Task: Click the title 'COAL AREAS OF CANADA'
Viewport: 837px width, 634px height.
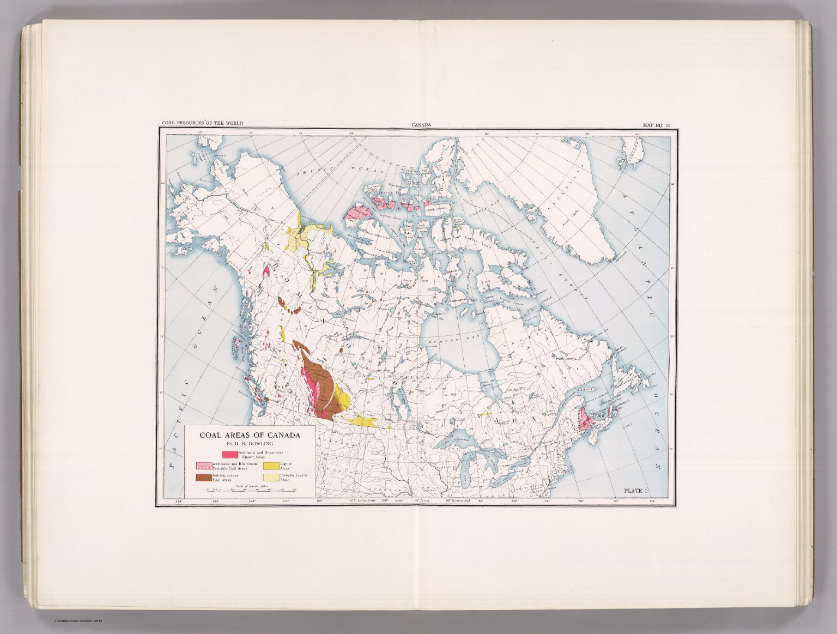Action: [x=250, y=435]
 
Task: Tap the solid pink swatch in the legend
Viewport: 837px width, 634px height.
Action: [x=229, y=454]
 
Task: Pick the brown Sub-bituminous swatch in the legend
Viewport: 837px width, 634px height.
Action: [x=203, y=478]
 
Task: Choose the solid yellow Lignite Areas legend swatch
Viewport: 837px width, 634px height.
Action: [x=271, y=466]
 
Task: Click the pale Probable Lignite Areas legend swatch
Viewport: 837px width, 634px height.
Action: [x=271, y=478]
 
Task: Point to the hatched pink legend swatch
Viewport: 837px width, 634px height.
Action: [x=203, y=466]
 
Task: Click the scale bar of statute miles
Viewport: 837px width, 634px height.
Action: [x=251, y=490]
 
